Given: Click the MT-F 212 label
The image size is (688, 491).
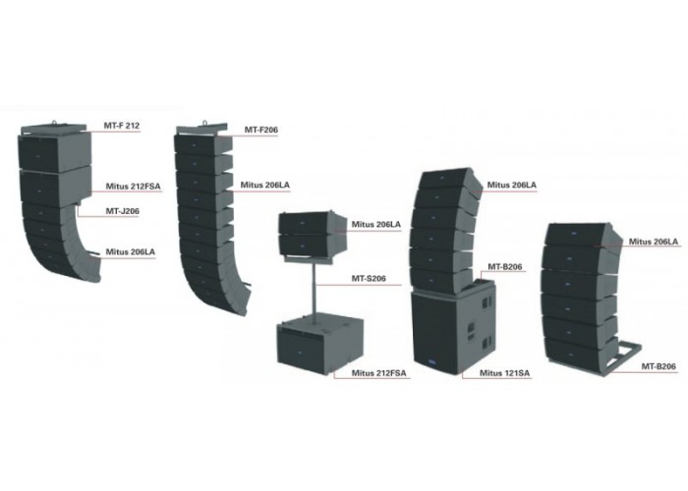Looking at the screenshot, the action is pyautogui.click(x=122, y=126).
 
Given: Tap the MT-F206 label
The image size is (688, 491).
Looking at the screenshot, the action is pyautogui.click(x=260, y=130).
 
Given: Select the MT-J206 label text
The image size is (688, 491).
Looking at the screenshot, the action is pyautogui.click(x=123, y=211).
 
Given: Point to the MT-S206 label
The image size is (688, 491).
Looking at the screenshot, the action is pyautogui.click(x=369, y=278).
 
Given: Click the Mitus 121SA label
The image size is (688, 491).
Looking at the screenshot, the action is pyautogui.click(x=504, y=373).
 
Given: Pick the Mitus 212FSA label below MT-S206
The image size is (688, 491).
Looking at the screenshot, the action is pyautogui.click(x=378, y=373).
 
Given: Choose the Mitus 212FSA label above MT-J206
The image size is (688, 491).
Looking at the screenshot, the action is pyautogui.click(x=133, y=187).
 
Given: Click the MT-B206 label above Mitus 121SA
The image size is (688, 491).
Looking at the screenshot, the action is pyautogui.click(x=505, y=266).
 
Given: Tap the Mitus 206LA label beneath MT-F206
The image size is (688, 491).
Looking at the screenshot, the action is pyautogui.click(x=264, y=185).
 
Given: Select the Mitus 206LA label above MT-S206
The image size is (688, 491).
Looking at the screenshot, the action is pyautogui.click(x=376, y=225).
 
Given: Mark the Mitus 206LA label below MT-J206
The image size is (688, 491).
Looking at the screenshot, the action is pyautogui.click(x=131, y=252).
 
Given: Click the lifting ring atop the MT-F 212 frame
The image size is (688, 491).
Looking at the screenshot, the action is pyautogui.click(x=54, y=124).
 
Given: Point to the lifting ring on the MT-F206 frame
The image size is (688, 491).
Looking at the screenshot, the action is pyautogui.click(x=204, y=123).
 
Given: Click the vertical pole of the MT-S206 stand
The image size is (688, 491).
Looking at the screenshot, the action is pyautogui.click(x=315, y=287).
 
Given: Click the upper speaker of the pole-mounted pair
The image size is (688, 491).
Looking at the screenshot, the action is pyautogui.click(x=314, y=223).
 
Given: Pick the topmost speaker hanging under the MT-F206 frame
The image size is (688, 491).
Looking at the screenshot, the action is pyautogui.click(x=203, y=143).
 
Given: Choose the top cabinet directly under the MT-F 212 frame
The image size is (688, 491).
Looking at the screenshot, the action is pyautogui.click(x=54, y=151).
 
